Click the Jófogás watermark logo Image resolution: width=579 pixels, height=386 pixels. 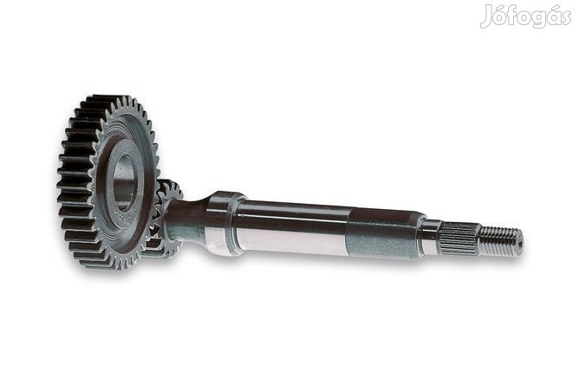coord(526,16)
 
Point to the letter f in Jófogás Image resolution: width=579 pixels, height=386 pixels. coord(515,15)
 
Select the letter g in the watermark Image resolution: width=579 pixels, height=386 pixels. coord(540,19)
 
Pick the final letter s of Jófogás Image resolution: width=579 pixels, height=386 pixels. coord(565,18)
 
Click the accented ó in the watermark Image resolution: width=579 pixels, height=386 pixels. coord(502,16)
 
